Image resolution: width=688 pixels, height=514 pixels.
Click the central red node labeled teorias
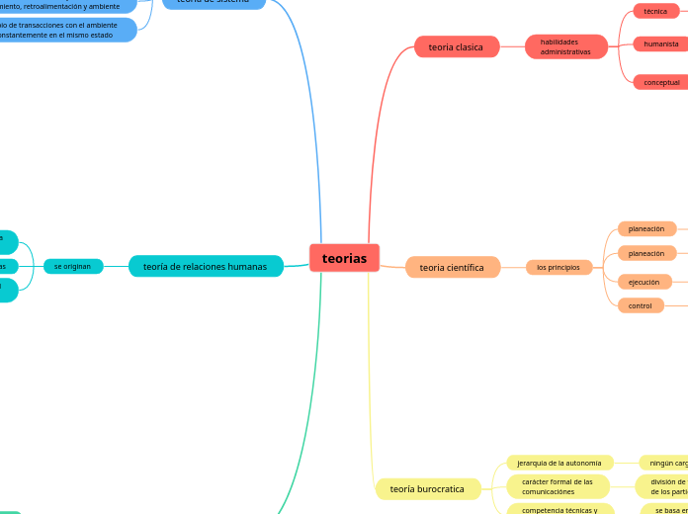point(344,258)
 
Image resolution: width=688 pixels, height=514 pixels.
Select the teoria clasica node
point(456,46)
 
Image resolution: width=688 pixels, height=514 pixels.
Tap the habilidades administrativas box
point(565,46)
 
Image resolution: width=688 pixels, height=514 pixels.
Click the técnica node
point(655,11)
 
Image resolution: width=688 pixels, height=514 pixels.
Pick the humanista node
point(660,43)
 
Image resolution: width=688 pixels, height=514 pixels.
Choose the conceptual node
point(660,82)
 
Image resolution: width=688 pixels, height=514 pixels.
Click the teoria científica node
point(452,267)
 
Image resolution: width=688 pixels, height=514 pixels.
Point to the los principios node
point(559,267)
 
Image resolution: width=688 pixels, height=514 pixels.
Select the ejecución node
point(644,282)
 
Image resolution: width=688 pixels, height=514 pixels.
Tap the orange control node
point(641,305)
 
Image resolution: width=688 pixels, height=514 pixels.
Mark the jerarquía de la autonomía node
point(559,463)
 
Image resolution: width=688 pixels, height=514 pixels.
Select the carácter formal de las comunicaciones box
point(558,486)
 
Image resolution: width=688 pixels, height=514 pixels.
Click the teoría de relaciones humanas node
point(205,266)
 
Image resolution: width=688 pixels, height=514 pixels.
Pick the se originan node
point(72,266)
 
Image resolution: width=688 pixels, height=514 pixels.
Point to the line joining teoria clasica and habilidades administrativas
point(512,46)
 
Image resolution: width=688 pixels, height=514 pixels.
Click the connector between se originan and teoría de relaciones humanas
point(116,266)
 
